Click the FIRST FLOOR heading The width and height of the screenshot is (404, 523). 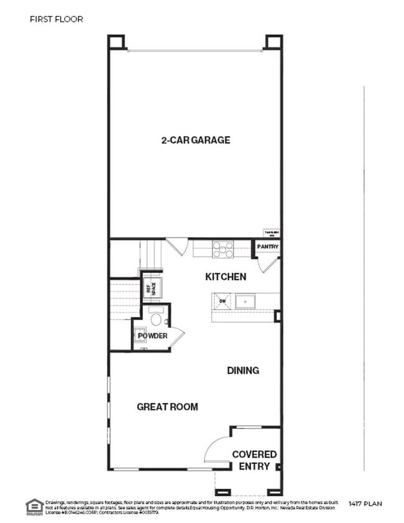click(x=56, y=19)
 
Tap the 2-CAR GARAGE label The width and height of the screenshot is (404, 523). click(x=195, y=140)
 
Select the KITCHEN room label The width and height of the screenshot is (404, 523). click(x=226, y=276)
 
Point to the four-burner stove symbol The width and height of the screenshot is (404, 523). click(x=223, y=249)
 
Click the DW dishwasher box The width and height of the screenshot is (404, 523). click(x=223, y=302)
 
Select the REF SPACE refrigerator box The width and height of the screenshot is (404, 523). click(x=152, y=287)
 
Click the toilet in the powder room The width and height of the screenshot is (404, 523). click(x=156, y=318)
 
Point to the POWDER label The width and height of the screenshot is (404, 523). click(x=152, y=336)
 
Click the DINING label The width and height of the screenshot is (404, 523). click(x=242, y=371)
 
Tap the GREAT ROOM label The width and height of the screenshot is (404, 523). click(x=167, y=407)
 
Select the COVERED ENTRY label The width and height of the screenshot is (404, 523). click(x=254, y=460)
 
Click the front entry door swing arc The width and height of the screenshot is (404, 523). click(x=214, y=448)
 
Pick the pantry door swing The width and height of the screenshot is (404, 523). click(x=268, y=264)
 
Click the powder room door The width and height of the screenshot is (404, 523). click(x=177, y=336)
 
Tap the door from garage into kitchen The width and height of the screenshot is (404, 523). click(x=177, y=246)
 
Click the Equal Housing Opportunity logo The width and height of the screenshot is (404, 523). click(x=34, y=506)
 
